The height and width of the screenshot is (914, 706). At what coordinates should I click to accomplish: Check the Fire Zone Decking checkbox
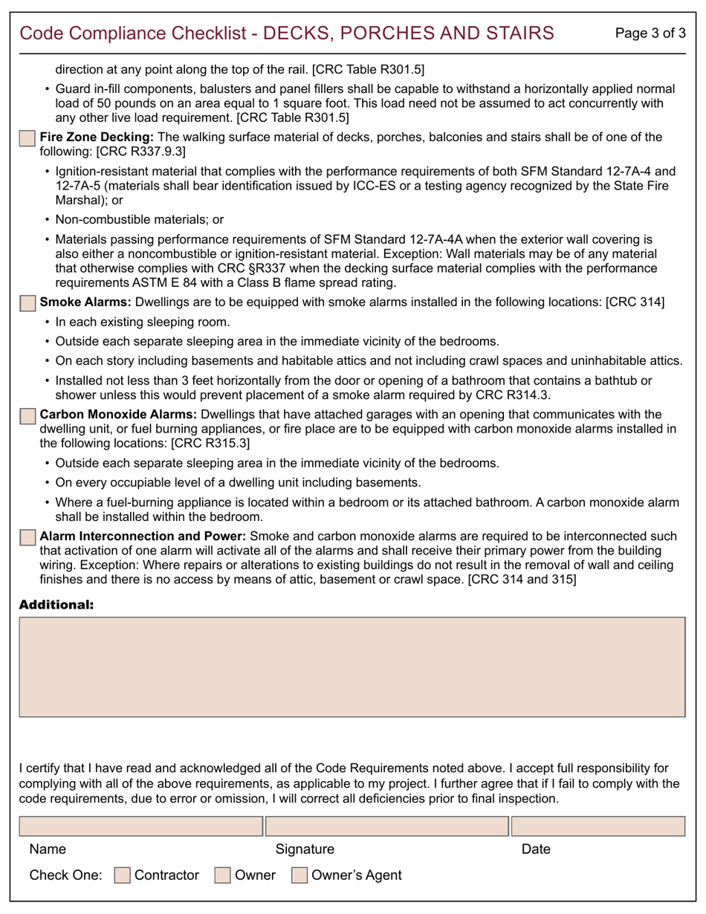click(x=27, y=138)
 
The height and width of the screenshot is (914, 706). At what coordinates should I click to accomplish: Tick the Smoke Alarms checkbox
click(x=27, y=303)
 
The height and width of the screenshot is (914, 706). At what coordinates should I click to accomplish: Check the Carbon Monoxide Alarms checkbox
click(x=27, y=415)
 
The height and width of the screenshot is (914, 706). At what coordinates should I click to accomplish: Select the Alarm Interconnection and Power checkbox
click(x=27, y=537)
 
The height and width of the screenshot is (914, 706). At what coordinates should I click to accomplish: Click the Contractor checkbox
click(x=122, y=875)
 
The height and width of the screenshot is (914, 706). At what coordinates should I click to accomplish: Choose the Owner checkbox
click(x=222, y=875)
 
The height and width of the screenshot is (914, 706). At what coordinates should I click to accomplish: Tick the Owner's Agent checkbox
click(x=299, y=875)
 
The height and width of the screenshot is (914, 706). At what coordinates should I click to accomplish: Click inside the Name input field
click(x=140, y=826)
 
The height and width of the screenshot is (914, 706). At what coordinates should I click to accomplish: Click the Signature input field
click(x=387, y=826)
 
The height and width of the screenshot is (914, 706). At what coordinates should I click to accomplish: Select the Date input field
click(x=598, y=826)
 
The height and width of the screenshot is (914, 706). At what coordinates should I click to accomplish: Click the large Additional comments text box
click(x=352, y=667)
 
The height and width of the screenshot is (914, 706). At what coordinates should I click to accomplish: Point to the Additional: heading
click(x=56, y=605)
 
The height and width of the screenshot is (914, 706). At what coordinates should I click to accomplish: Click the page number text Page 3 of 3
click(x=651, y=33)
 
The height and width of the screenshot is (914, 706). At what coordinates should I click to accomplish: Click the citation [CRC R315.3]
click(x=210, y=444)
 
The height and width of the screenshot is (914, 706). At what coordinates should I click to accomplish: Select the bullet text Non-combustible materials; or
click(x=139, y=220)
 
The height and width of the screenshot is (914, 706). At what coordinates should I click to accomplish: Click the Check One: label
click(x=65, y=875)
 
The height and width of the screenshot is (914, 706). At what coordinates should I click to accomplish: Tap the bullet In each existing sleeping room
click(x=143, y=323)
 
